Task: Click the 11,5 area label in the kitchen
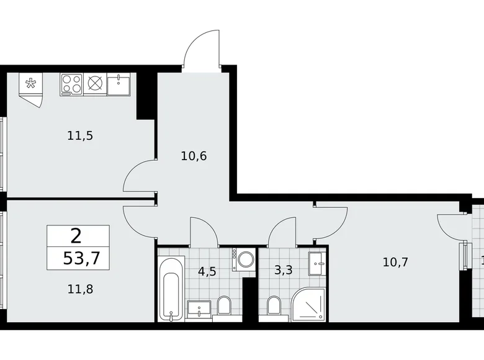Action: click(x=80, y=135)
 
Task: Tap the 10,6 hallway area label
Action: click(x=194, y=155)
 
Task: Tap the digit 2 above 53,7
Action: click(x=76, y=236)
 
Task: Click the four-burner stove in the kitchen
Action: click(x=71, y=84)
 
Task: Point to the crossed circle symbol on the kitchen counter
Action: click(x=95, y=84)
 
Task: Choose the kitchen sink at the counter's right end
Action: click(x=119, y=84)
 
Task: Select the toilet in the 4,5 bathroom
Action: click(x=224, y=305)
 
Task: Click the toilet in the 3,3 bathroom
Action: click(x=273, y=305)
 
